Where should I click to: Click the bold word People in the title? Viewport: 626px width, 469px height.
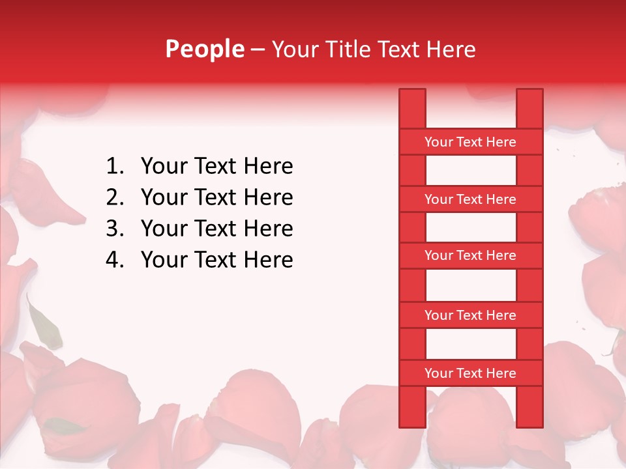pos(205,50)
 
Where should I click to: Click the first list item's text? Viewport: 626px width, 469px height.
pos(216,167)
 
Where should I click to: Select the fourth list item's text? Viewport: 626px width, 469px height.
pos(216,261)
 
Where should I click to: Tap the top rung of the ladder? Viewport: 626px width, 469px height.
pos(470,142)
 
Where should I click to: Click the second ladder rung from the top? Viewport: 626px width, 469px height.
pos(470,199)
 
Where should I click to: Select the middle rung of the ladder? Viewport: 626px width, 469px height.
pos(470,256)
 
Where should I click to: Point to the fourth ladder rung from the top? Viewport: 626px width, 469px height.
pos(470,315)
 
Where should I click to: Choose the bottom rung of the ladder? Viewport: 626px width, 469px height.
pos(470,373)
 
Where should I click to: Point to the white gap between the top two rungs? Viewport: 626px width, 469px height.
pos(471,171)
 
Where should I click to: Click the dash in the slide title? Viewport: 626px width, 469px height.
pos(258,50)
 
